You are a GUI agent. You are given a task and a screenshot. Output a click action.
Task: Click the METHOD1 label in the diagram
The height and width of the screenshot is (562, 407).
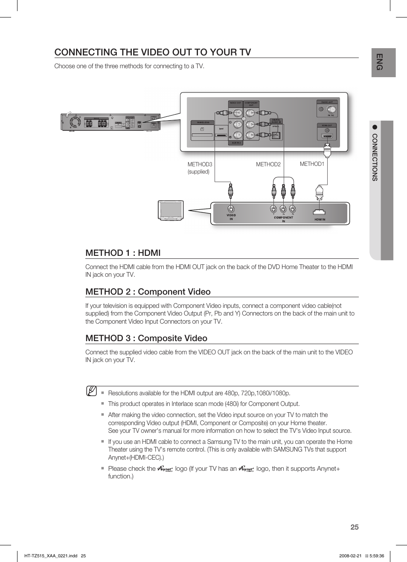click(312, 164)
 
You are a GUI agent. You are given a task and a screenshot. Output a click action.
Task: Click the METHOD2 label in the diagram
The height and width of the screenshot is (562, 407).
click(268, 164)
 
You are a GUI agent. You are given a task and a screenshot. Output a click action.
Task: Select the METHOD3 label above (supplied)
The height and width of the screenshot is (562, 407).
click(200, 164)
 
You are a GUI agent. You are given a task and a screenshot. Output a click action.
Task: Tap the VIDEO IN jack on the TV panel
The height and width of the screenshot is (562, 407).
click(231, 209)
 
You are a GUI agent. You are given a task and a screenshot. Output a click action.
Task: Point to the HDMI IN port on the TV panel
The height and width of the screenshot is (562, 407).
click(319, 211)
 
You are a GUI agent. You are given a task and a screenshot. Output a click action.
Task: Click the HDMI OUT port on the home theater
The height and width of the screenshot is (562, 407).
click(327, 136)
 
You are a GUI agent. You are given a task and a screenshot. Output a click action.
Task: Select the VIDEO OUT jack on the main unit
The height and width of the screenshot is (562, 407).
click(236, 113)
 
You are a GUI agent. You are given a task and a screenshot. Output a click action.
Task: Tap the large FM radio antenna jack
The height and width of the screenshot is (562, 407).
click(331, 110)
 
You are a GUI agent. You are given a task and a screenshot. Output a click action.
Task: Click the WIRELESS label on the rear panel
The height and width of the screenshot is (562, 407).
click(203, 122)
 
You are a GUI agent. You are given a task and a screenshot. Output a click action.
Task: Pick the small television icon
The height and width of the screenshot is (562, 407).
click(171, 210)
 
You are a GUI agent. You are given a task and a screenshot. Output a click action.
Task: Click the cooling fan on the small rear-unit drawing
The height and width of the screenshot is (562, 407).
click(75, 122)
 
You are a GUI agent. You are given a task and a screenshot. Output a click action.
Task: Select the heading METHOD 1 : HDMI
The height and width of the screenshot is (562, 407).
click(123, 253)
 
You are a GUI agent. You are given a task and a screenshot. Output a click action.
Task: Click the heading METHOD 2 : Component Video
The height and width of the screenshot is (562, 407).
click(148, 292)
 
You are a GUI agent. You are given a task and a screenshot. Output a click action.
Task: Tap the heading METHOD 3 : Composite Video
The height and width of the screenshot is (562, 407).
click(146, 338)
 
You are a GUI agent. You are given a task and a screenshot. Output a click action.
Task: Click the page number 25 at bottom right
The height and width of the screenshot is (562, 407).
click(354, 527)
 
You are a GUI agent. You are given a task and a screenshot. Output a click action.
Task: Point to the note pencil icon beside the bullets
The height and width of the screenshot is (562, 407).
click(91, 391)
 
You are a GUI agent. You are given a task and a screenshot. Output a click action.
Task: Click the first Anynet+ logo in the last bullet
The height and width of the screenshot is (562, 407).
click(165, 469)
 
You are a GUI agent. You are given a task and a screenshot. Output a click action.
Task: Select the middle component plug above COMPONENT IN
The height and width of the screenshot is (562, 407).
click(283, 191)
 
